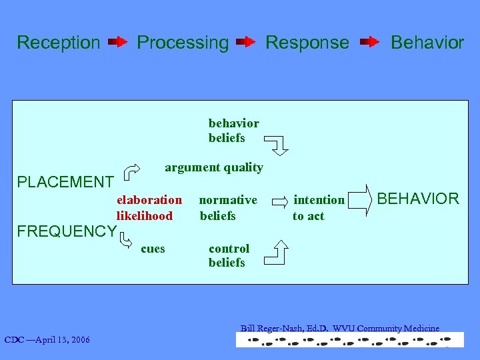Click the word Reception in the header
pyautogui.click(x=59, y=43)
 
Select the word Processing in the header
pyautogui.click(x=183, y=43)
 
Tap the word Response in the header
pyautogui.click(x=307, y=43)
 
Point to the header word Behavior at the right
pyautogui.click(x=427, y=43)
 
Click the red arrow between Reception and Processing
pyautogui.click(x=118, y=43)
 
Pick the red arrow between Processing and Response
pyautogui.click(x=246, y=43)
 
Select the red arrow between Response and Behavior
pyautogui.click(x=369, y=43)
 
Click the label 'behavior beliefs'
pyautogui.click(x=233, y=131)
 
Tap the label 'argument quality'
pyautogui.click(x=213, y=167)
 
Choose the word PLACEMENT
pyautogui.click(x=65, y=182)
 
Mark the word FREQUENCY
pyautogui.click(x=66, y=231)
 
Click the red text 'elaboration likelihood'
pyautogui.click(x=149, y=208)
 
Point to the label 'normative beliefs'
pyautogui.click(x=227, y=208)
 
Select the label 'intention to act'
pyautogui.click(x=319, y=208)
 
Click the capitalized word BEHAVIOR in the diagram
pyautogui.click(x=418, y=199)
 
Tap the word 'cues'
pyautogui.click(x=153, y=249)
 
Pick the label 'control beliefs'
pyautogui.click(x=229, y=255)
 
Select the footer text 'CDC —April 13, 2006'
pyautogui.click(x=47, y=341)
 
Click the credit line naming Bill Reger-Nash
pyautogui.click(x=340, y=328)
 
